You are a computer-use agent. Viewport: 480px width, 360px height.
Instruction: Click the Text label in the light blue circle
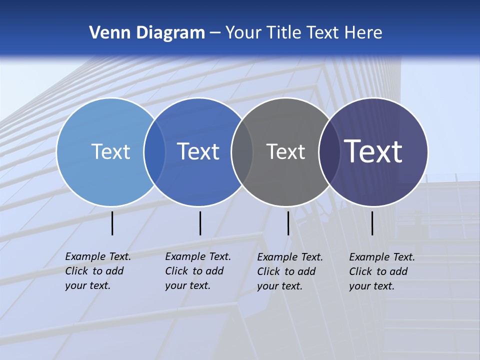coord(110,151)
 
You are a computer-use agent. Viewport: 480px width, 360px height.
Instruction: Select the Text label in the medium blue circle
coord(198,151)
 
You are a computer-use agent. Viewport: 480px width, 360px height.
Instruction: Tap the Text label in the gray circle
coord(285,151)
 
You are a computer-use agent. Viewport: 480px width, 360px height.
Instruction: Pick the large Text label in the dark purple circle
coord(373,151)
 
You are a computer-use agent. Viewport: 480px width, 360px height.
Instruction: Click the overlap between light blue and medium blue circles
coord(154,151)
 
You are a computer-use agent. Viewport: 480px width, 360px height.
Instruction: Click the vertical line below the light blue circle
coord(112,223)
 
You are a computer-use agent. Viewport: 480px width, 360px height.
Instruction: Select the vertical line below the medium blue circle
coord(200,223)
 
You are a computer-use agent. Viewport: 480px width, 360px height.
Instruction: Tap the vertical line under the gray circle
coord(288,223)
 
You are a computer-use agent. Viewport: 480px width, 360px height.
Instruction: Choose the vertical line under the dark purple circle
coord(372,223)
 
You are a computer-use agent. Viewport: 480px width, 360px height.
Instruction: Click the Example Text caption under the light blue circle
coord(98,271)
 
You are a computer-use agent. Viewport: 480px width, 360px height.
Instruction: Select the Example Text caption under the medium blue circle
coord(198,271)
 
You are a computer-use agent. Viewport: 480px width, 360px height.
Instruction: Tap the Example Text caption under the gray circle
coord(290,271)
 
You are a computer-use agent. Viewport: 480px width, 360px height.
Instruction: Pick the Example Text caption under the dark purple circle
coord(382,271)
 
